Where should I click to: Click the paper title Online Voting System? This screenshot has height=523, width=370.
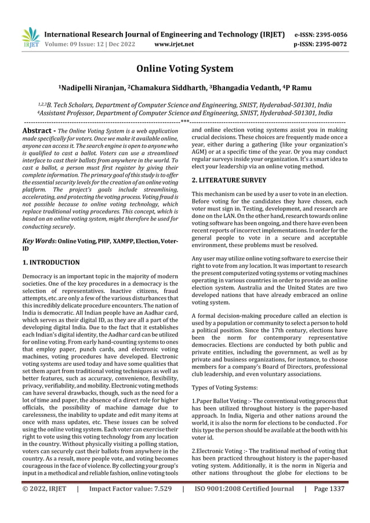point(185,69)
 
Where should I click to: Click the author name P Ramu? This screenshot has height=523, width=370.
point(296,88)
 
